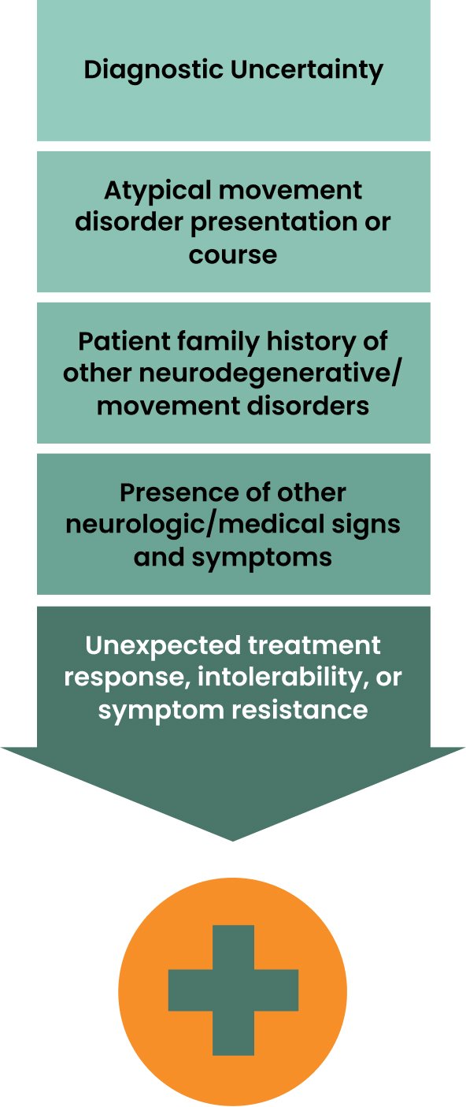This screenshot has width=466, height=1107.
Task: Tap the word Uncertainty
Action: (306, 69)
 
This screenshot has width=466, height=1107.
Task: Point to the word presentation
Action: (273, 223)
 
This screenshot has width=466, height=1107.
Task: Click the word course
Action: (233, 254)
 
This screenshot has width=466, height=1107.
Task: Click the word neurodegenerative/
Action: (268, 374)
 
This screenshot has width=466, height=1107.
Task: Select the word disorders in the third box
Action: (308, 405)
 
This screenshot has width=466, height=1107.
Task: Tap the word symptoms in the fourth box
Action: (261, 559)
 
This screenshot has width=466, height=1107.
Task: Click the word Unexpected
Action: (163, 646)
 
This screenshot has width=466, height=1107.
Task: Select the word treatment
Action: (313, 645)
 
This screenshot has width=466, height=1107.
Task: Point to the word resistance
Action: (300, 710)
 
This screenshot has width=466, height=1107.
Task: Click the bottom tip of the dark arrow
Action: (232, 840)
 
